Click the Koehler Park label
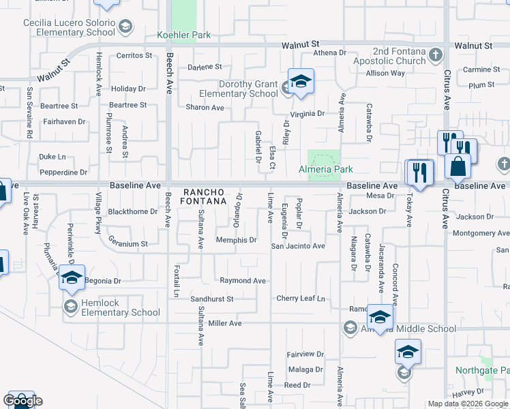184,35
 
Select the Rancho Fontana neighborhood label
202,196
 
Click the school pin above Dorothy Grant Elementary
300,82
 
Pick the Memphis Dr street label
236,240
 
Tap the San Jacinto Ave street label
298,245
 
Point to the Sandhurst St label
212,299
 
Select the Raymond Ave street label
243,281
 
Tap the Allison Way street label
385,74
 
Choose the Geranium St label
128,243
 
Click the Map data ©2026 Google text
468,404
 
